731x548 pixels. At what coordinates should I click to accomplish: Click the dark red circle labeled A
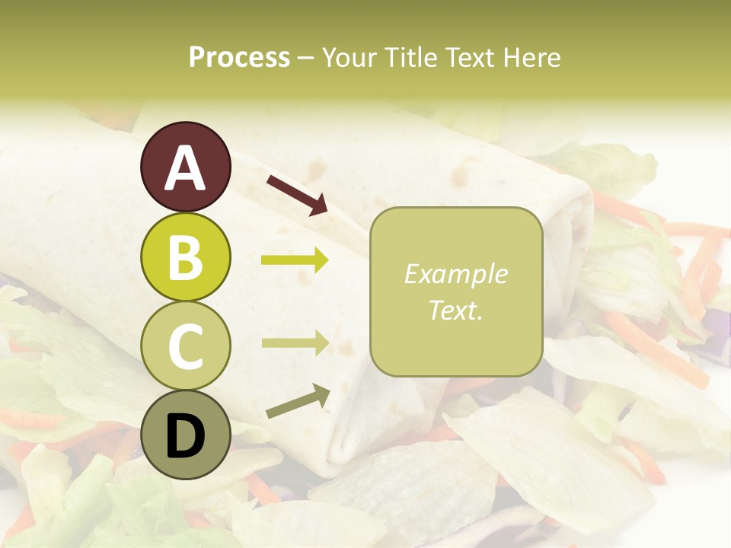[186, 167]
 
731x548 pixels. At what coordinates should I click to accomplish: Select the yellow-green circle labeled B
[186, 256]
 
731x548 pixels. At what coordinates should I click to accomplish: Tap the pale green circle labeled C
[186, 346]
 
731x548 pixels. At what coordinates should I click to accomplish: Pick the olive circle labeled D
[186, 435]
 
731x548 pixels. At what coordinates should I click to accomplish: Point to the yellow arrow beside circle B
[295, 260]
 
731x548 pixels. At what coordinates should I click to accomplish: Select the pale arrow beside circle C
[295, 342]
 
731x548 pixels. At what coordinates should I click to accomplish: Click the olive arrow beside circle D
[298, 401]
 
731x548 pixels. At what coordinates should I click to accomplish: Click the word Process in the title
[239, 58]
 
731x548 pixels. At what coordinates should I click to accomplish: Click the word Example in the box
[456, 274]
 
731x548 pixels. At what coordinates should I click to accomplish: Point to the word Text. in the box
[456, 310]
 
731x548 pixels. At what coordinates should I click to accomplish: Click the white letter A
[186, 168]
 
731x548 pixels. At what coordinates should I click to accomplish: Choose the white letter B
[186, 257]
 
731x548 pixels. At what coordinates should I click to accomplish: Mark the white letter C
[186, 347]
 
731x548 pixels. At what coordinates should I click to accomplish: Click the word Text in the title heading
[467, 58]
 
